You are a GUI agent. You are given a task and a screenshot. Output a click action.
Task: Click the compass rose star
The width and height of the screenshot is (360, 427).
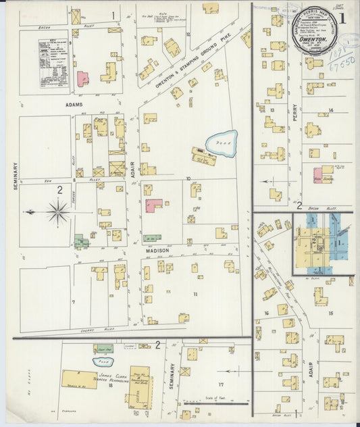point(59,212)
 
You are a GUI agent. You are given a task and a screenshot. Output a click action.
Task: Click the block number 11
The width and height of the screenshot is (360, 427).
point(196,295)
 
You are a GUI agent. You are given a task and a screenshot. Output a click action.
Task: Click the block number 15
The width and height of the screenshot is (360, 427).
point(331,313)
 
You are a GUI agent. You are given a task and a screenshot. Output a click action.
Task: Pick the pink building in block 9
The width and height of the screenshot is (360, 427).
point(82,78)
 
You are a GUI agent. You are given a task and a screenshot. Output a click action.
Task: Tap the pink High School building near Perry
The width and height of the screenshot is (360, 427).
point(317,175)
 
